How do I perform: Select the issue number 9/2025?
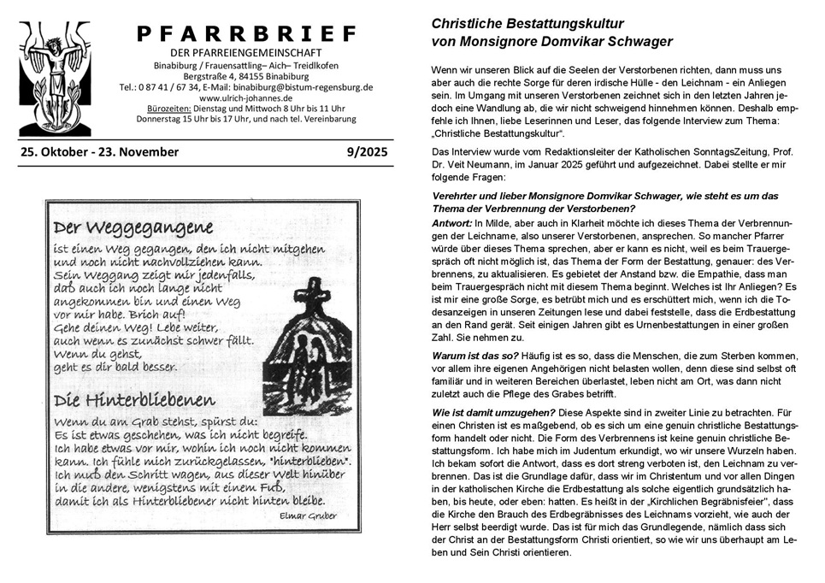367,152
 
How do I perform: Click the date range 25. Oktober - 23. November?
98,152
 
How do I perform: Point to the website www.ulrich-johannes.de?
246,98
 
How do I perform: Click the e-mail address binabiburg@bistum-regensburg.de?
309,87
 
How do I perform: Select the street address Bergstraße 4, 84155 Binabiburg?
246,76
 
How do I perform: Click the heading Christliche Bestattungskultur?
527,24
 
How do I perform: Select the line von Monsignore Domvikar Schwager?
552,41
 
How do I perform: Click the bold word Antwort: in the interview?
452,223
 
